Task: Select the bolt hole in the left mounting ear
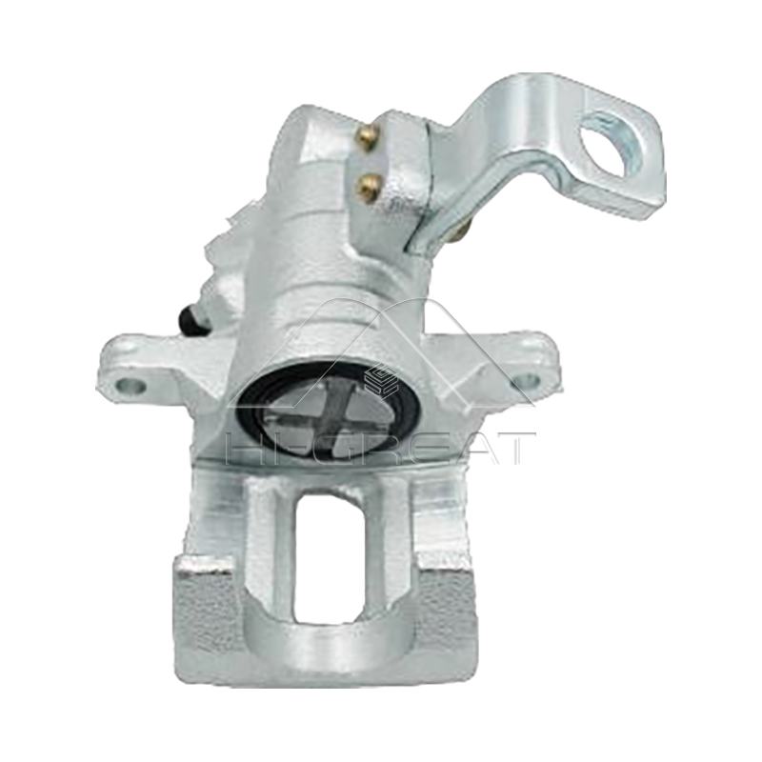130,386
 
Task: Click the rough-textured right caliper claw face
446,610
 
